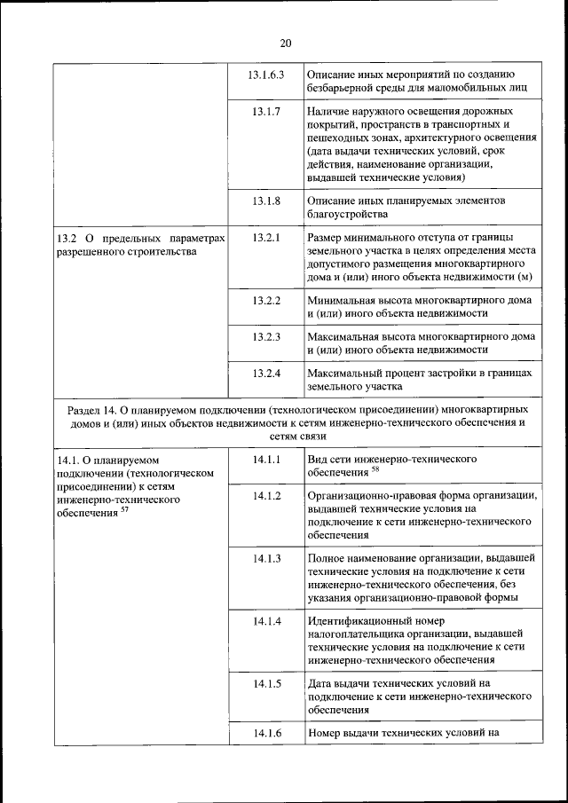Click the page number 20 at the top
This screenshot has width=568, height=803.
pos(284,43)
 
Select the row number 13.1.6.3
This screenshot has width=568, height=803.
pos(266,74)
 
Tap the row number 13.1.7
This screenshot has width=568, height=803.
pos(266,112)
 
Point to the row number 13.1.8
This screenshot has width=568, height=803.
pos(266,201)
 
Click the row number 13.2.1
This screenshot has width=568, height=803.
pos(266,238)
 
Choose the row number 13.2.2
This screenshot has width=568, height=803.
pos(266,300)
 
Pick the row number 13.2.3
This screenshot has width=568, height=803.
pos(266,336)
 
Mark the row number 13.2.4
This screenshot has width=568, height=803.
pos(266,373)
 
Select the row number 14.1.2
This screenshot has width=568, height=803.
pos(266,495)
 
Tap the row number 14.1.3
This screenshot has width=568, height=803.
pos(266,558)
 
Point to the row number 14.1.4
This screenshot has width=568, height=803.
pos(266,621)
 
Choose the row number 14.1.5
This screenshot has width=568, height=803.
pos(266,683)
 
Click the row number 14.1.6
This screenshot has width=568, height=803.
pos(266,733)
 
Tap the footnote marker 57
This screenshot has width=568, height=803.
pos(125,509)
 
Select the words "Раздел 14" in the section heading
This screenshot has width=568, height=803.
pos(91,411)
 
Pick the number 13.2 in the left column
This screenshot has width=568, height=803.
pos(67,239)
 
